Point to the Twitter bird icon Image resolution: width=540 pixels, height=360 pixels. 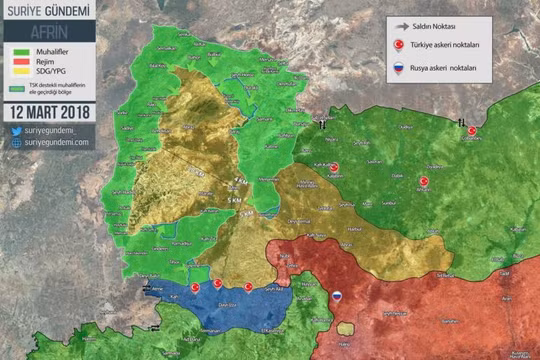coord(17,130)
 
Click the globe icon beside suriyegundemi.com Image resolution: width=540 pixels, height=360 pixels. coord(17,142)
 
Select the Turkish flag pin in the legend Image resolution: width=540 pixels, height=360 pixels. coord(398,45)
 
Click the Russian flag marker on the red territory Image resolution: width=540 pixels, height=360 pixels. coord(337,295)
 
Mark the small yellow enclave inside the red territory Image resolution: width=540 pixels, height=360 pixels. coord(345,328)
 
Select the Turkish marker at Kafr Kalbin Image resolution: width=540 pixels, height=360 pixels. coord(335,168)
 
